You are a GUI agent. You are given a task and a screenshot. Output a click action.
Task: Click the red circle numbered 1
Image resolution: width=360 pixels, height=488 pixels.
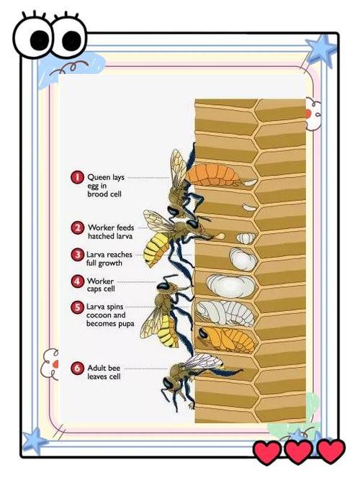77,177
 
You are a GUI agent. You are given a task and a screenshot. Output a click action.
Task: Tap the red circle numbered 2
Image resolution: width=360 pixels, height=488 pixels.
77,228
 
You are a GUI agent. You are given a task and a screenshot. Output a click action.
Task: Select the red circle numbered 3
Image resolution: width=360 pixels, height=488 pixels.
77,255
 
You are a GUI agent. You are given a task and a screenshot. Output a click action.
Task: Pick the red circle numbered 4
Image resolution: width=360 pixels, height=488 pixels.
77,281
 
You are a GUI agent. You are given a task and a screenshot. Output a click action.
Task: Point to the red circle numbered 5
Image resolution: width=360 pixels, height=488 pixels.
77,307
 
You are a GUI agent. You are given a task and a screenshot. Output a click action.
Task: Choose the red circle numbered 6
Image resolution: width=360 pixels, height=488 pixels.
77,369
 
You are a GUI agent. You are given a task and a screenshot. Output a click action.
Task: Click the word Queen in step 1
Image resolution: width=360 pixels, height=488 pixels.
99,177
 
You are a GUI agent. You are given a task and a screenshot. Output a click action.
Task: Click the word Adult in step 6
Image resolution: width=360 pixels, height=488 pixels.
96,368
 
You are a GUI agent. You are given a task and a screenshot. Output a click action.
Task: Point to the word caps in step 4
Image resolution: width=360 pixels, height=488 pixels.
94,290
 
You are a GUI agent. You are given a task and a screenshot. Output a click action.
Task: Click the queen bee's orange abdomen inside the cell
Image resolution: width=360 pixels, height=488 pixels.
212,175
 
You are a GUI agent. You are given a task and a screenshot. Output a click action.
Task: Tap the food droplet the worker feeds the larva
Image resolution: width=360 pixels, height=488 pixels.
220,236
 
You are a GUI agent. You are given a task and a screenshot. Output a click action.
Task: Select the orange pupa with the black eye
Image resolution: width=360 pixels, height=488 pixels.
226,339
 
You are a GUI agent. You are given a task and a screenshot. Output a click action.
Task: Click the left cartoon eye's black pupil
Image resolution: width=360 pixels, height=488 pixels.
40,39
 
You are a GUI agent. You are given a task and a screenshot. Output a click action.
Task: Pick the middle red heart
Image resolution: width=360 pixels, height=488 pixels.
298,451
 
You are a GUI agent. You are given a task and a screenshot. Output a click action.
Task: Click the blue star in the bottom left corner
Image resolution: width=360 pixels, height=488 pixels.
35,440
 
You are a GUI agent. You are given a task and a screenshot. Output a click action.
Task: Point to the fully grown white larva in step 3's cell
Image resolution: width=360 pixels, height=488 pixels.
243,259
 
